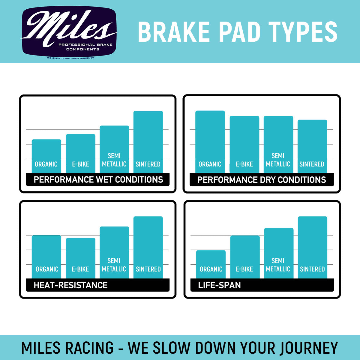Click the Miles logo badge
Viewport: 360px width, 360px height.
point(69,32)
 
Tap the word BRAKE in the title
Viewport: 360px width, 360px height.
point(174,32)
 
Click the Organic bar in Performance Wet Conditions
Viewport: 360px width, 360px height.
point(46,156)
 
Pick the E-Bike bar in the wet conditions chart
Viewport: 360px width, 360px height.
point(80,153)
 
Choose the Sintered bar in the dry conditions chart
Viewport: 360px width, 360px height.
point(312,146)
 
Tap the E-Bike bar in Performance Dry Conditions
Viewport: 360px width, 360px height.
point(244,144)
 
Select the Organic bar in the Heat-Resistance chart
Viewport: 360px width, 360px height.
point(46,257)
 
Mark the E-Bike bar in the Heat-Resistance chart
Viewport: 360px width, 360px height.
point(80,258)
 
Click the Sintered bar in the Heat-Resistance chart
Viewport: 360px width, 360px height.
point(148,247)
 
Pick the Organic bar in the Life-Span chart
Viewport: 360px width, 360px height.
point(211,264)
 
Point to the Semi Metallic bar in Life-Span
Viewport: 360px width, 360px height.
point(279,253)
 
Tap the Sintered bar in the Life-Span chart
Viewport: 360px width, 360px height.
point(312,247)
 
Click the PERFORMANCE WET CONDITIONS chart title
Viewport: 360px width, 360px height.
point(98,179)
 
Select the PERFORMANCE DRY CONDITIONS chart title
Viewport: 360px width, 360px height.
point(261,180)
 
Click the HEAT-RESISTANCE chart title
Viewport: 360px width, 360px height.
point(70,285)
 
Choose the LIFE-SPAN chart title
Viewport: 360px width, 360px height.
point(219,285)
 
